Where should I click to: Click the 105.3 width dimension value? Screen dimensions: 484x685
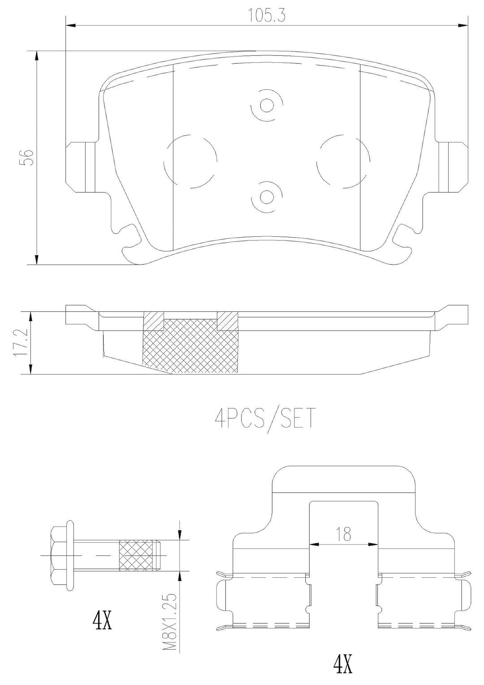coord(267,16)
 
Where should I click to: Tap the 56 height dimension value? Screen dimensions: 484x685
coord(27,157)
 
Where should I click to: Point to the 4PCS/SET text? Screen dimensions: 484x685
coord(264,419)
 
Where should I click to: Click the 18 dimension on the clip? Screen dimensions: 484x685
coord(344,533)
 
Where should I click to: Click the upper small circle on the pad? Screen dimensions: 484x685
coord(267,106)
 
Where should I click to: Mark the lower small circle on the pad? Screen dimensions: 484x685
coord(267,197)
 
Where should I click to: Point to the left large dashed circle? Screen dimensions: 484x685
coord(190,161)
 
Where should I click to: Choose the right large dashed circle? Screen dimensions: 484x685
coord(343,161)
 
